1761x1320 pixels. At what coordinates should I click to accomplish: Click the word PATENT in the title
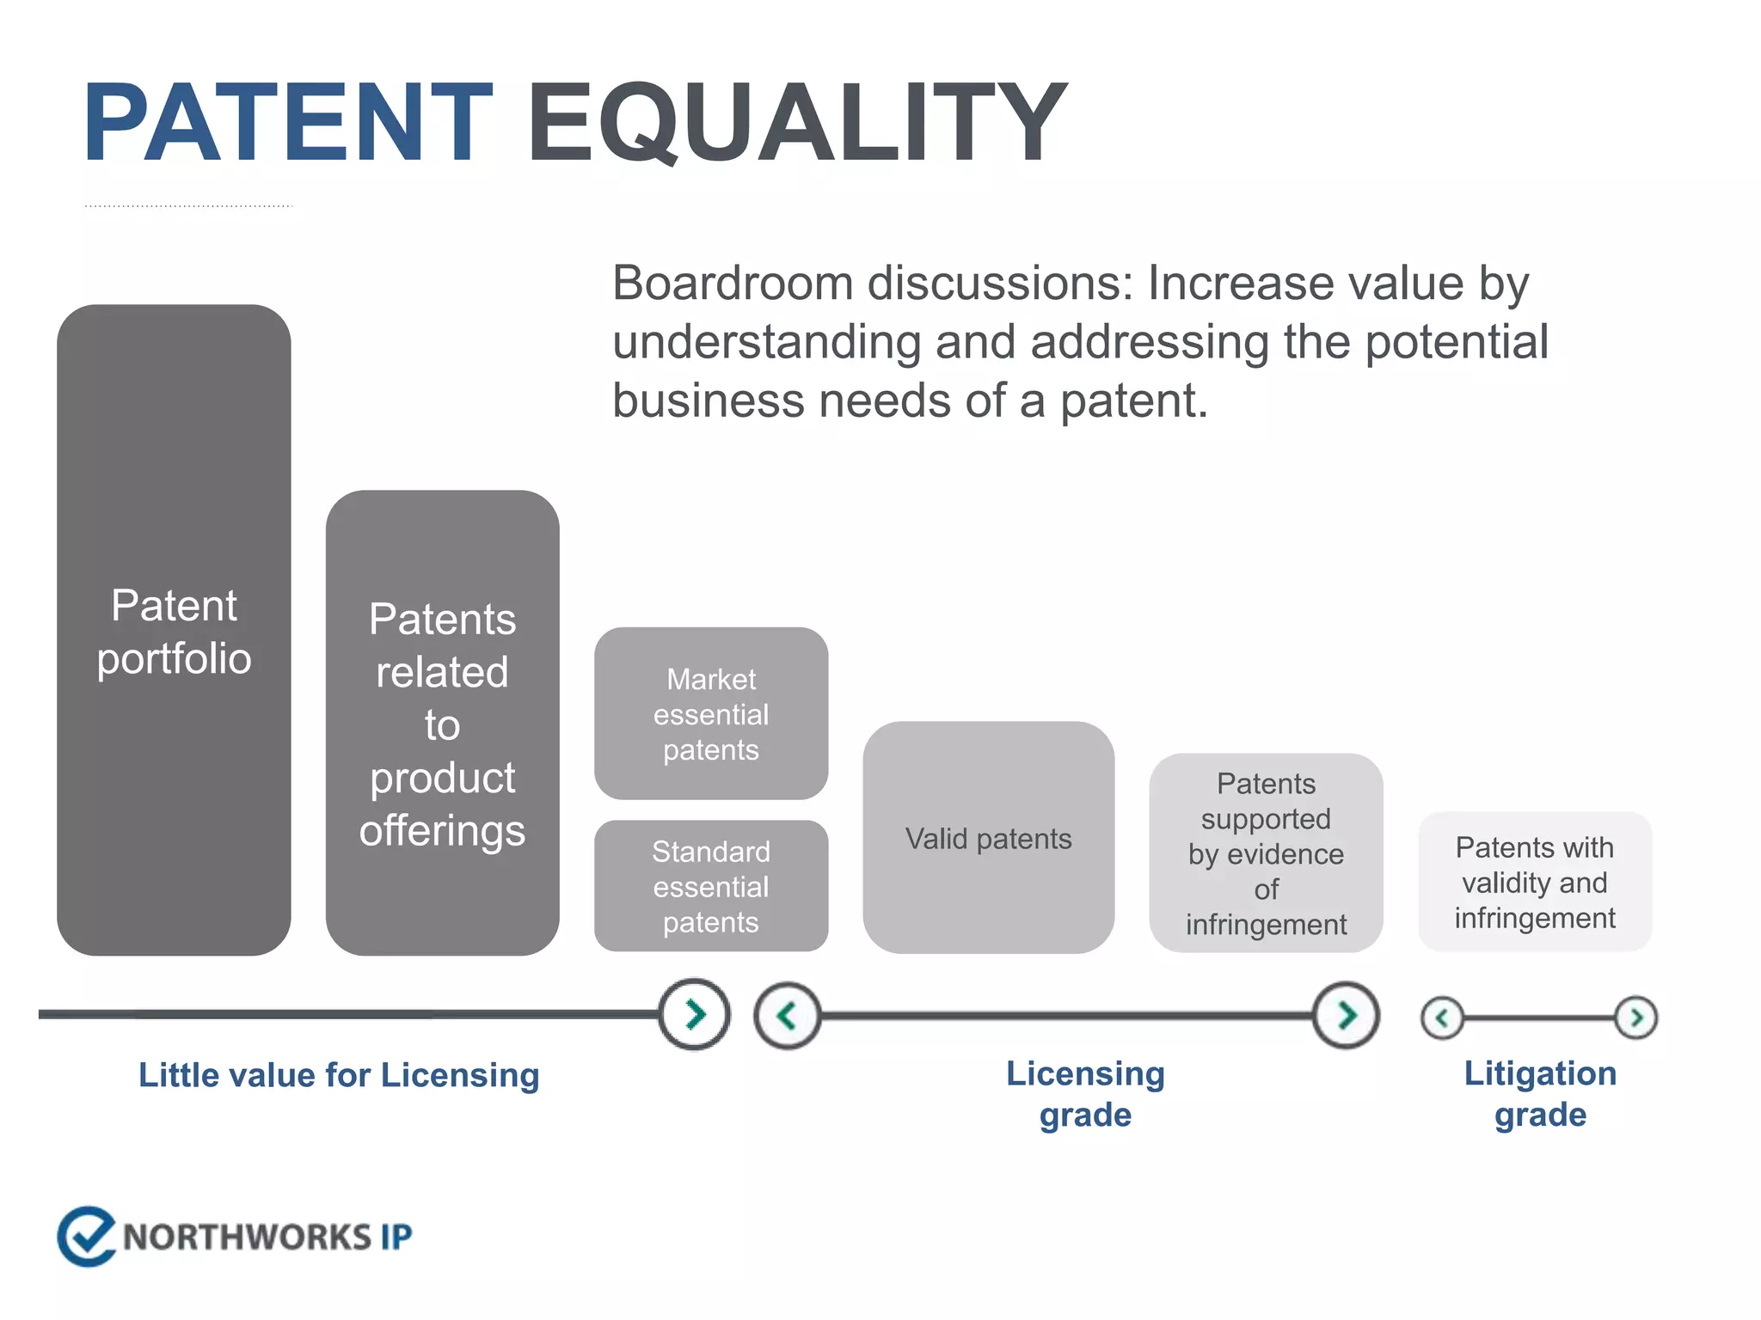coord(288,122)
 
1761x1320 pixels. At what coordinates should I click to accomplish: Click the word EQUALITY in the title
coord(795,122)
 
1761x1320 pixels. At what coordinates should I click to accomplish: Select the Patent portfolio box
coord(174,630)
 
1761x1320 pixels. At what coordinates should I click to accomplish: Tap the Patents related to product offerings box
coord(442,723)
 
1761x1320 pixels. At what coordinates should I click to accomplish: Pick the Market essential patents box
coord(710,713)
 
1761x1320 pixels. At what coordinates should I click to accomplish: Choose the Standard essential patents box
coord(710,886)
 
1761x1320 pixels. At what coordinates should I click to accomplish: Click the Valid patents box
coord(988,838)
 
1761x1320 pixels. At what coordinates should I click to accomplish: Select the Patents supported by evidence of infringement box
coord(1265,852)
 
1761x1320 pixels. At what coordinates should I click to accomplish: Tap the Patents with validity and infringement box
coord(1534,882)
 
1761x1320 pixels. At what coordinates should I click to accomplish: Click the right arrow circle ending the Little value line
coord(695,1014)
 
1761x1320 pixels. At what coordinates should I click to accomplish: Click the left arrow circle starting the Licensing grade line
coord(787,1016)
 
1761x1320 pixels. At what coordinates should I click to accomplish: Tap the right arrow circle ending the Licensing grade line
coord(1346,1015)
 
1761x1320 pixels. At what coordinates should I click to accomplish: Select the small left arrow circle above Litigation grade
coord(1442,1018)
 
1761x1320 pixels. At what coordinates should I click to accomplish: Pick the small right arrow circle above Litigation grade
coord(1635,1017)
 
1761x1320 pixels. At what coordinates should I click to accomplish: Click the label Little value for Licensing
coord(339,1075)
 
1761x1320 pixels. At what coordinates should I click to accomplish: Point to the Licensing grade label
coord(1085,1093)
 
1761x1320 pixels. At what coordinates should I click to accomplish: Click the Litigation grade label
coord(1539,1093)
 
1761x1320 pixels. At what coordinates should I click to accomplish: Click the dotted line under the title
coord(189,206)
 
